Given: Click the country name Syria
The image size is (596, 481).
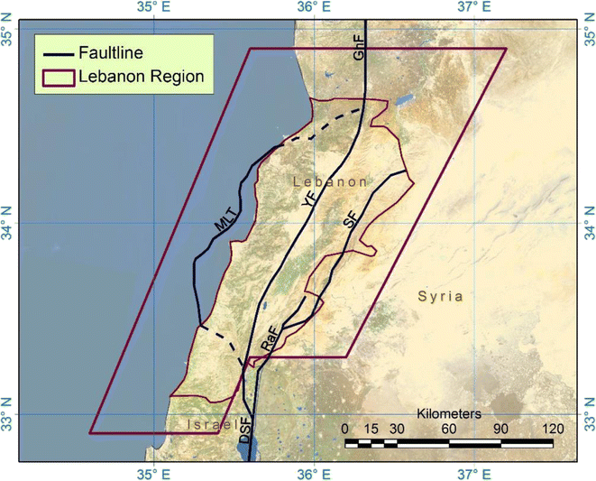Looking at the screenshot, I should click(441, 296).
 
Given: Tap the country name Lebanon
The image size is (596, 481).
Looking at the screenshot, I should click(331, 182).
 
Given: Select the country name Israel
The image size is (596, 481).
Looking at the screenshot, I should click(213, 424).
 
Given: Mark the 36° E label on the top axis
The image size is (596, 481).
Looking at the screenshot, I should click(312, 7).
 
